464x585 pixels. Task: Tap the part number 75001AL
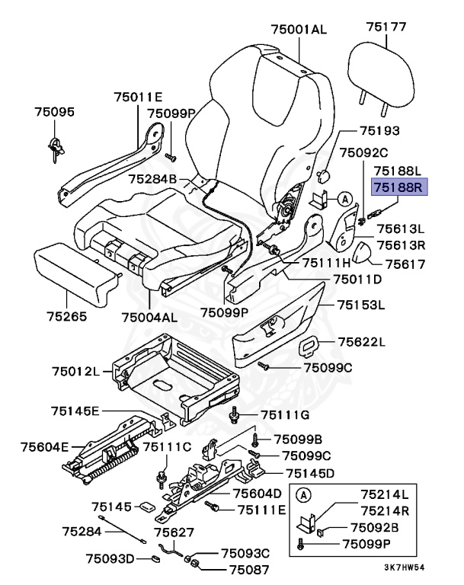pyautogui.click(x=298, y=30)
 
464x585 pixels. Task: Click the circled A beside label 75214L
pyautogui.click(x=302, y=495)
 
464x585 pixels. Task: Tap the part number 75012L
pyautogui.click(x=76, y=371)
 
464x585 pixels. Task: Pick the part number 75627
pyautogui.click(x=174, y=532)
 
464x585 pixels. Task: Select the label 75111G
pyautogui.click(x=285, y=414)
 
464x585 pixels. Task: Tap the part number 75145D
pyautogui.click(x=310, y=473)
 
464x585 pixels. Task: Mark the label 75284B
pyautogui.click(x=152, y=180)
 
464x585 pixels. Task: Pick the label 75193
pyautogui.click(x=379, y=131)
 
